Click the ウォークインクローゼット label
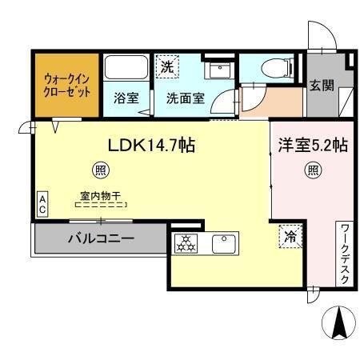coord(66,86)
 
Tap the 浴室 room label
coord(126,99)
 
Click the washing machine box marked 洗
coord(166,67)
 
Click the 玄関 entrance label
coord(323,86)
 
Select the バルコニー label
coord(100,238)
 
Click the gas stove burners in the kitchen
coord(186,242)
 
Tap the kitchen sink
coord(222,242)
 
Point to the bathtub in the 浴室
coord(126,69)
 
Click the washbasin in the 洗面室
coord(216,71)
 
